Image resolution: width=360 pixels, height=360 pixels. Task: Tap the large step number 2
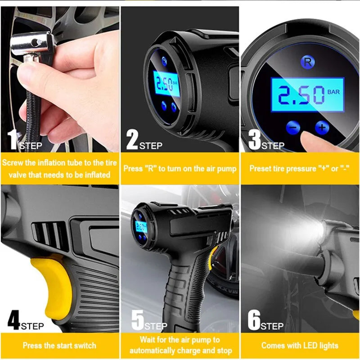132,140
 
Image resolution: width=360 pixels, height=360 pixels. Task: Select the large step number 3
255,140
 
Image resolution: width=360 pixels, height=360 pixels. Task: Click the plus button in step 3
321,127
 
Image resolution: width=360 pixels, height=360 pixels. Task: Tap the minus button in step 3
293,128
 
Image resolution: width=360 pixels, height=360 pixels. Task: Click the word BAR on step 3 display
333,92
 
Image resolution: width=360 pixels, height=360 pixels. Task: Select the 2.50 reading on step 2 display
163,85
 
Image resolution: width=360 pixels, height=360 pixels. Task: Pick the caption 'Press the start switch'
59,346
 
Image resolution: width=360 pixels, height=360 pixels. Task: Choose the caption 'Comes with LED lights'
300,346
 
